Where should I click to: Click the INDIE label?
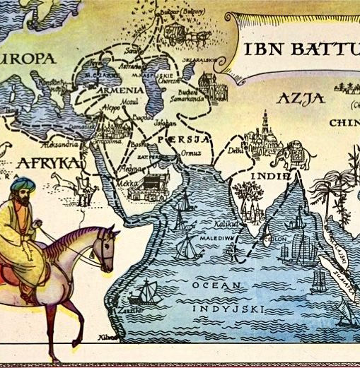coord(271,174)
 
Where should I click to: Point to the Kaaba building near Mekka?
coord(149,184)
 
